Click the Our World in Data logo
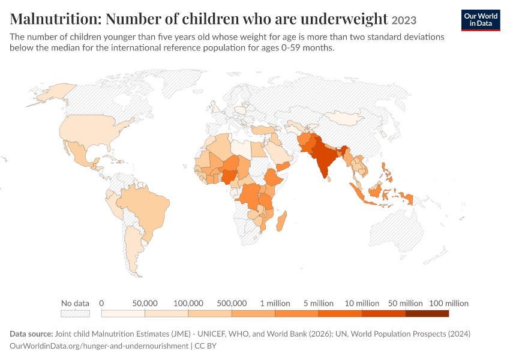(x=481, y=20)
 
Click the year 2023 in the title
(x=404, y=20)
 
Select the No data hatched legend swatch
(x=75, y=313)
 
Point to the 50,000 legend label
(x=145, y=304)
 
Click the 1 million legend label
(x=275, y=304)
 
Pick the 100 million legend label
(x=449, y=304)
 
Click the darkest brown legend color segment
(x=427, y=313)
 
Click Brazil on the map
(x=146, y=208)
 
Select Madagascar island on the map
(x=281, y=221)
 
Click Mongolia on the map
(x=344, y=118)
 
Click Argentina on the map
(x=133, y=247)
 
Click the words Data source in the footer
(x=31, y=334)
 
